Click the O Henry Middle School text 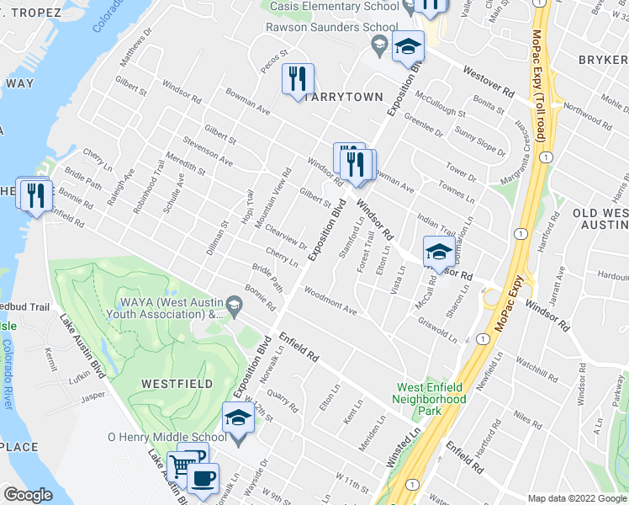[167, 437]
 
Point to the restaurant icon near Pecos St [298, 79]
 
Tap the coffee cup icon [201, 478]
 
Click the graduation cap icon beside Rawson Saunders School [409, 46]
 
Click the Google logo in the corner [28, 495]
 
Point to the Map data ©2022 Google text [576, 498]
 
